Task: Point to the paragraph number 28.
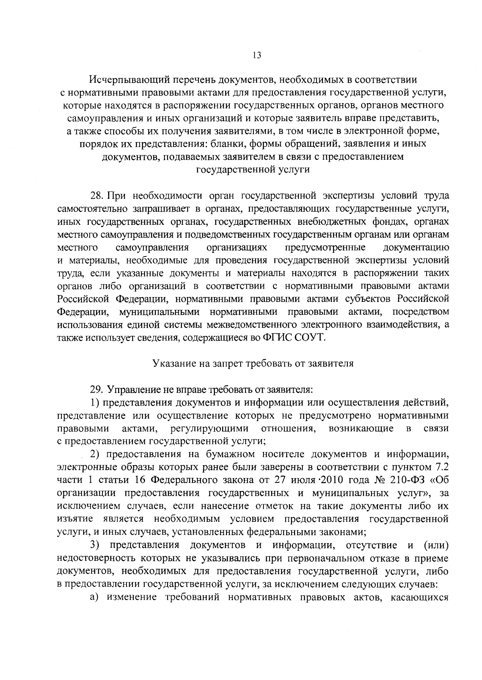coord(97,195)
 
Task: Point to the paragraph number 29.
coord(97,389)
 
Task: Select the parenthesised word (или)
coord(436,545)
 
